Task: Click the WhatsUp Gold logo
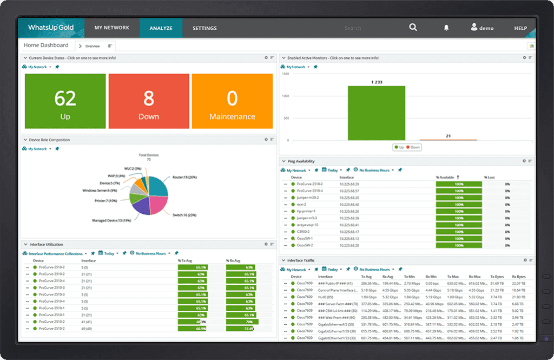point(50,28)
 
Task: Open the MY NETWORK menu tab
point(111,28)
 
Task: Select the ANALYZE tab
point(161,28)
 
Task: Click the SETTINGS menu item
point(205,28)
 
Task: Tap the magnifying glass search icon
point(413,28)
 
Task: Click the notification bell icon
point(446,28)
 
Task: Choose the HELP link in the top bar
point(520,28)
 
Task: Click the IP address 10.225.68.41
point(349,225)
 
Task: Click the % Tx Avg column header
point(187,260)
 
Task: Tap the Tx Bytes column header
point(497,276)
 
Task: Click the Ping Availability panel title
point(301,161)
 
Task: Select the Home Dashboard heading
point(46,45)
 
